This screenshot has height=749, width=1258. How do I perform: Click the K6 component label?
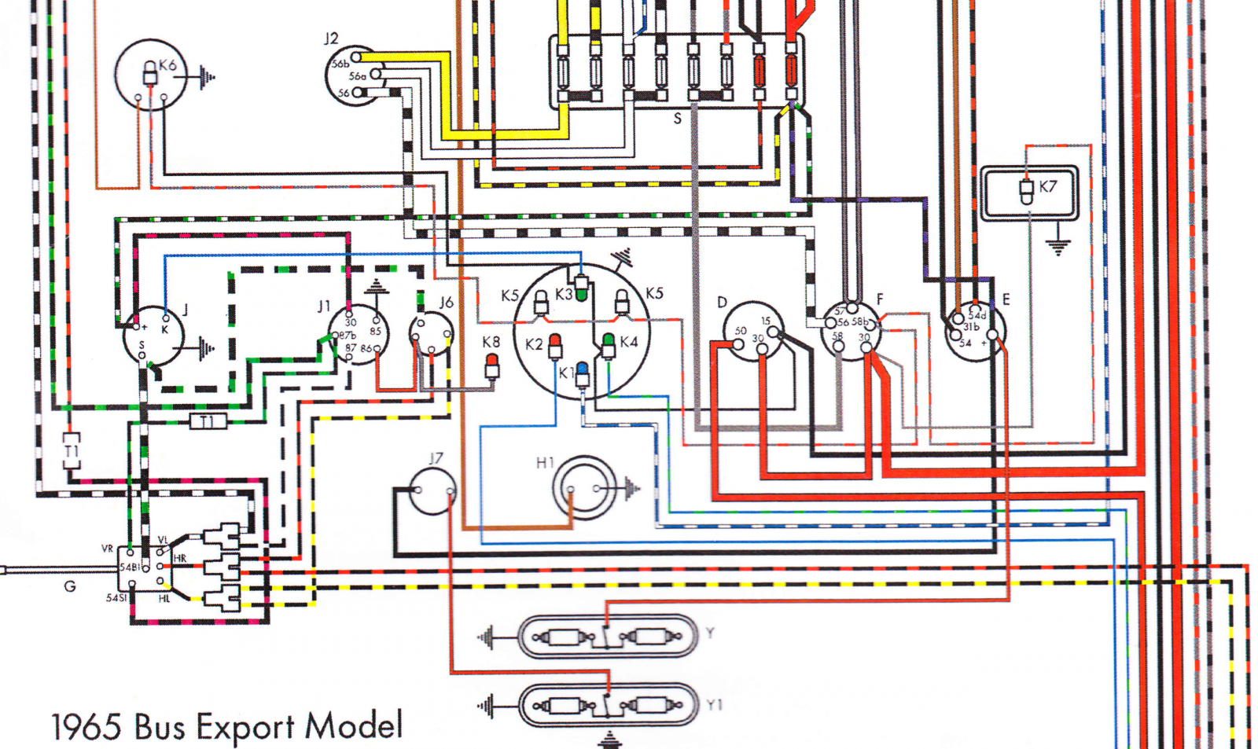coord(167,65)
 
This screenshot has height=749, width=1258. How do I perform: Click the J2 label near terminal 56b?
coord(331,39)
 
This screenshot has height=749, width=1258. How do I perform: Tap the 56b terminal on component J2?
coord(356,57)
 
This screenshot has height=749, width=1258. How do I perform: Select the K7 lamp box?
coord(1029,192)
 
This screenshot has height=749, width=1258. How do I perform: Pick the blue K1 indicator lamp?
coord(582,373)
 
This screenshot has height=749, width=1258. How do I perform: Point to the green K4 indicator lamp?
coord(608,343)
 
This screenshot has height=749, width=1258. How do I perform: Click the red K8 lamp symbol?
coord(492,364)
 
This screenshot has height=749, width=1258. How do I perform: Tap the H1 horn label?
coord(545,463)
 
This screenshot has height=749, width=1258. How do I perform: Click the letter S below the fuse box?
coord(677,119)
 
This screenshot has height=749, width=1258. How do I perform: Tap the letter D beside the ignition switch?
coord(722,303)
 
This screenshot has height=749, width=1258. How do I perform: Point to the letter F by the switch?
coord(880,299)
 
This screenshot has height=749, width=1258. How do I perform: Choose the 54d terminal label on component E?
coord(977,314)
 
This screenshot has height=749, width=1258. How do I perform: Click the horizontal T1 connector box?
coord(208,422)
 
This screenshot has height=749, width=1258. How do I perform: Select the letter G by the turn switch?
coord(70,586)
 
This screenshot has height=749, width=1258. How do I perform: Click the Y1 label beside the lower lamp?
coord(714,706)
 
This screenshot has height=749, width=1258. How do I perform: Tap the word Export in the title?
coord(245,726)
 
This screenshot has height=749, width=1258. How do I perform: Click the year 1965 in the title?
coord(86,727)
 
